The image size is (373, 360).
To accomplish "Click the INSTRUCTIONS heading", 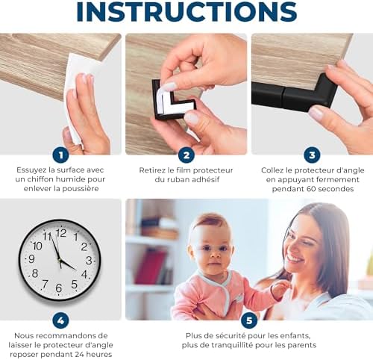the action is (x=186, y=11).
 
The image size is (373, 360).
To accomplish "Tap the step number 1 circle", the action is (x=60, y=155).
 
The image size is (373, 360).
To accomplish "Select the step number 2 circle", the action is (x=186, y=155).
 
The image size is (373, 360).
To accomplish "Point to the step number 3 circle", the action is (x=312, y=155).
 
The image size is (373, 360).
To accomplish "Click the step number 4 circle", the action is (x=60, y=320).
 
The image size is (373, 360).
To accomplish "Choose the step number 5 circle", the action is (x=249, y=320).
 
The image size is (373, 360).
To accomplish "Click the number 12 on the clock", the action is (x=61, y=233).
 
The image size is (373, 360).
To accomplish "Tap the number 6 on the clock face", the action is (x=59, y=288).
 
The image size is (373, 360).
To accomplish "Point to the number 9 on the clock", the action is (x=31, y=259).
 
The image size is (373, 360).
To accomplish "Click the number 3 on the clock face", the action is (x=89, y=261).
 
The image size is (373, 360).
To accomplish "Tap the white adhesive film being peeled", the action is (x=172, y=99).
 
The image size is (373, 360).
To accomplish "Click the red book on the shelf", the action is (x=151, y=267).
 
